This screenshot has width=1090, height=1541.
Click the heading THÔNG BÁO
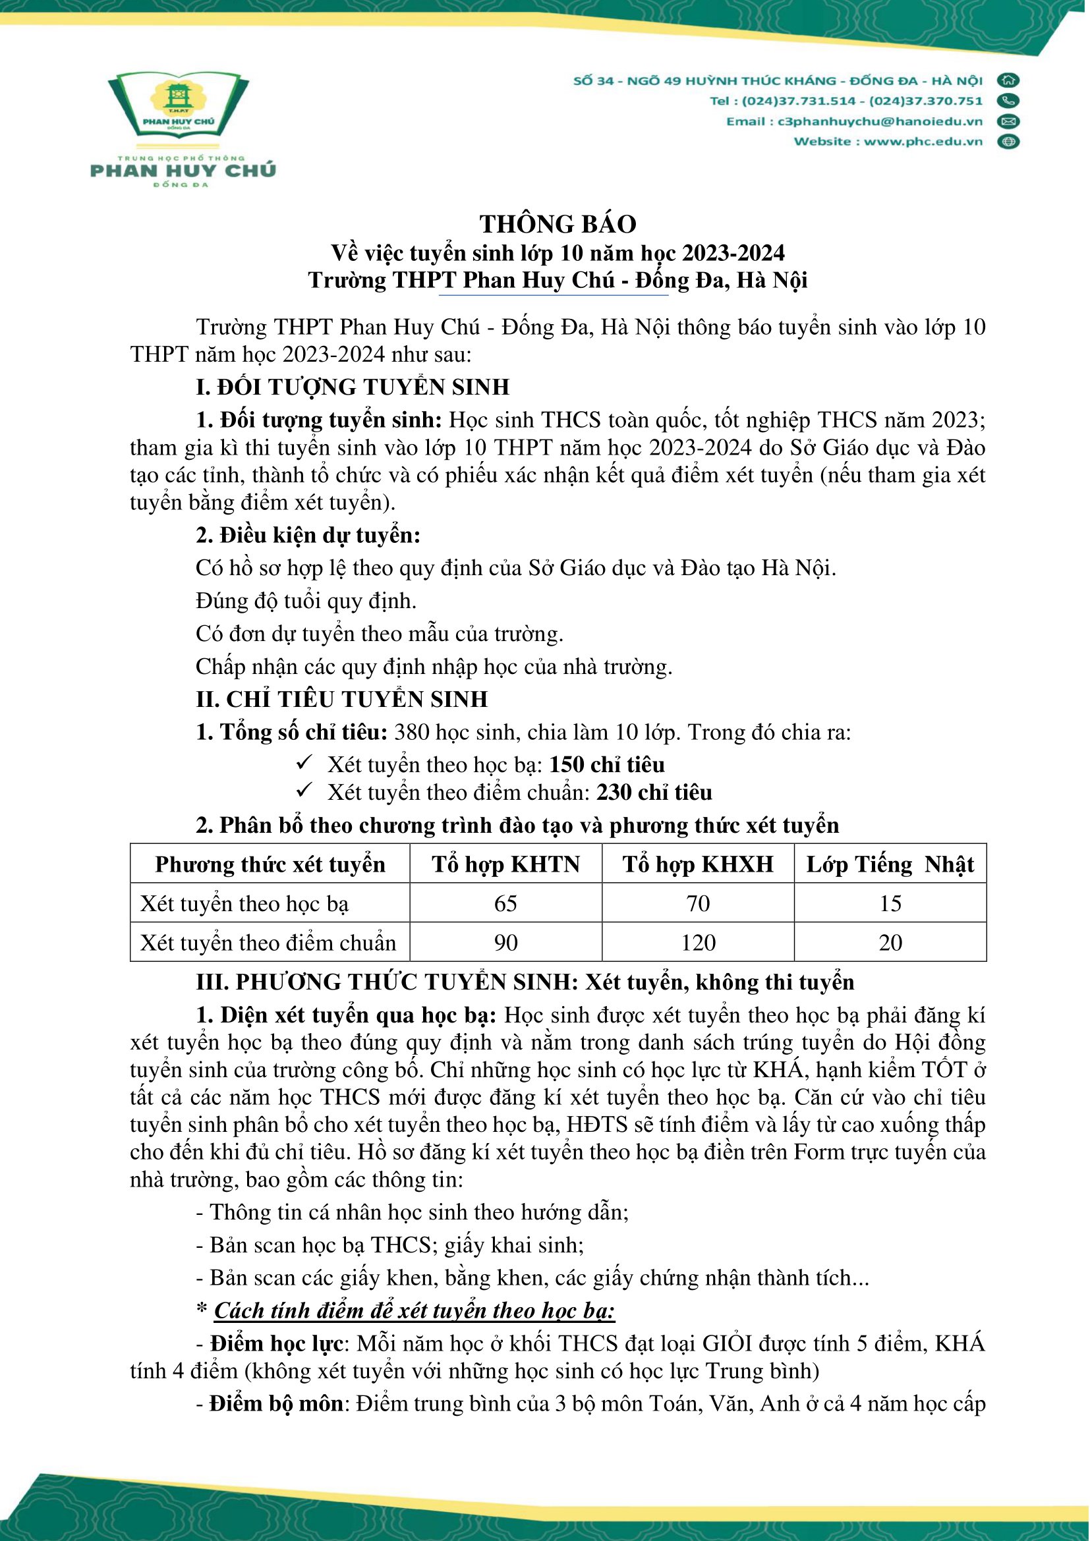(558, 224)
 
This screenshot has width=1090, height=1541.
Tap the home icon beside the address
(1008, 80)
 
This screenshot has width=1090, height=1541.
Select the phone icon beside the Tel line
(1008, 101)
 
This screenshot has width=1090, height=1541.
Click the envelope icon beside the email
(1008, 121)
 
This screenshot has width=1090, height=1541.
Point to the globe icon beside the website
(1008, 142)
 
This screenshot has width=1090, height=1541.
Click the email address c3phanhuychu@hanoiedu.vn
(880, 121)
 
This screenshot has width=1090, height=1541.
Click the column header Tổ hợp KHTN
(505, 864)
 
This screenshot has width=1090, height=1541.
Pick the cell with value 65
(505, 903)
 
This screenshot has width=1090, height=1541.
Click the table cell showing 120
(698, 943)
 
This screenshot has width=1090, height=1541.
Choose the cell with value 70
(698, 903)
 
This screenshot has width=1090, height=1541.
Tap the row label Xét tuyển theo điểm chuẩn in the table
(268, 943)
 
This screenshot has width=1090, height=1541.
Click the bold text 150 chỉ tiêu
(607, 765)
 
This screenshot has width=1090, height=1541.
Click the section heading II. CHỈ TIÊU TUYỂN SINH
(341, 700)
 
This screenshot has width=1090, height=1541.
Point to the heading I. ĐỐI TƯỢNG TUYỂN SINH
(353, 387)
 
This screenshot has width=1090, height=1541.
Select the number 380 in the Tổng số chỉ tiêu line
(411, 732)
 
